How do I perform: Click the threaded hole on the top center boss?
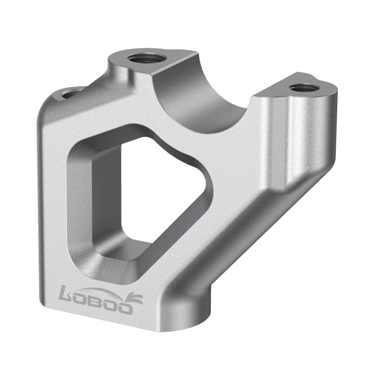coord(146,58)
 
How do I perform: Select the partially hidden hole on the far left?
coord(70,94)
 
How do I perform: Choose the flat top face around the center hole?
coord(125,63)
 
